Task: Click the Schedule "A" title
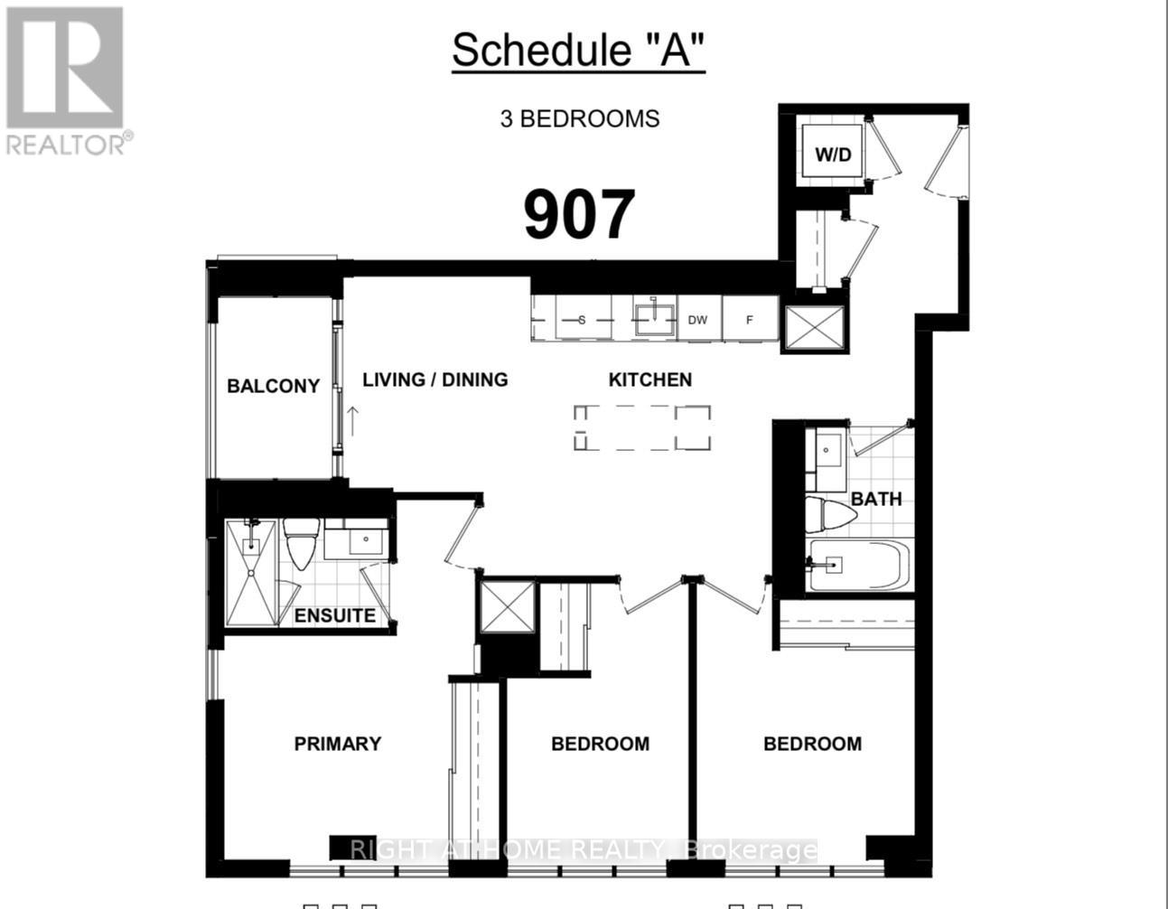pos(578,51)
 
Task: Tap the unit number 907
pos(579,215)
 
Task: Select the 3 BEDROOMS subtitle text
pos(580,118)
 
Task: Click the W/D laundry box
pos(833,154)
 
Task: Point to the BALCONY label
pos(273,386)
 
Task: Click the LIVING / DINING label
pos(434,380)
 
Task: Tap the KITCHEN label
pos(649,380)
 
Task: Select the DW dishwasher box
pos(697,320)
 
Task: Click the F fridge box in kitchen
pos(750,320)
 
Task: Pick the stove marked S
pos(582,320)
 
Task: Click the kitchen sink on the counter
pos(654,319)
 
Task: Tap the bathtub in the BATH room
pos(855,565)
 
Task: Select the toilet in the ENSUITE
pos(300,542)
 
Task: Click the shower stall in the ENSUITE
pos(251,573)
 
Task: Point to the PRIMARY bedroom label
pos(337,744)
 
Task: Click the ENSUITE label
pos(334,616)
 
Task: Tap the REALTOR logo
pos(65,80)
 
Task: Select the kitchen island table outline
pos(641,427)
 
